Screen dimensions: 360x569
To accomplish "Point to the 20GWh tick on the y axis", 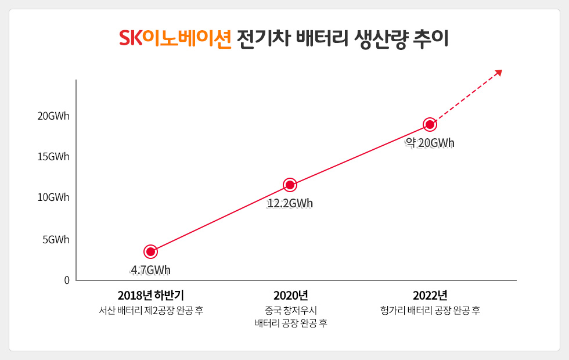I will point(53,116).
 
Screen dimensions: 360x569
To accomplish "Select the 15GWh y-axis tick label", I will point(53,157).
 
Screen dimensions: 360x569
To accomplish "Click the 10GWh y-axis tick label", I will point(53,197).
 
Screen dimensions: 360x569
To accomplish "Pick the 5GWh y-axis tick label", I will point(56,239).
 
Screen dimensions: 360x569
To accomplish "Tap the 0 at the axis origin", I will point(67,280).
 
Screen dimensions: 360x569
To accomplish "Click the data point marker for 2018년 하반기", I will point(150,251).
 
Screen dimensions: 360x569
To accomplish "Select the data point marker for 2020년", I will point(290,185).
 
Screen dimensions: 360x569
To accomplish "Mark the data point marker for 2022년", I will point(430,124).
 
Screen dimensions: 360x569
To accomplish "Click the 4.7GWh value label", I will point(150,270).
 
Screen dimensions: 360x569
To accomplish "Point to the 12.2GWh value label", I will point(290,204).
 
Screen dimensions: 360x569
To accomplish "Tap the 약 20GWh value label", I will point(430,143).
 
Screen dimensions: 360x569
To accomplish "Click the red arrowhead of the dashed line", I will point(498,73).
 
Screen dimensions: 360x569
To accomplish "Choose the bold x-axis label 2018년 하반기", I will point(150,295).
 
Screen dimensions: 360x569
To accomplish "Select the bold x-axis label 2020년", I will point(290,295).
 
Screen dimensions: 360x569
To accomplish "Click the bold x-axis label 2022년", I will point(430,295).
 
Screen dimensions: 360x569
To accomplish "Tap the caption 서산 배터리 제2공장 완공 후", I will point(151,310).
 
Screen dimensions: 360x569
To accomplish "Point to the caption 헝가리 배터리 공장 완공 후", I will point(430,310).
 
